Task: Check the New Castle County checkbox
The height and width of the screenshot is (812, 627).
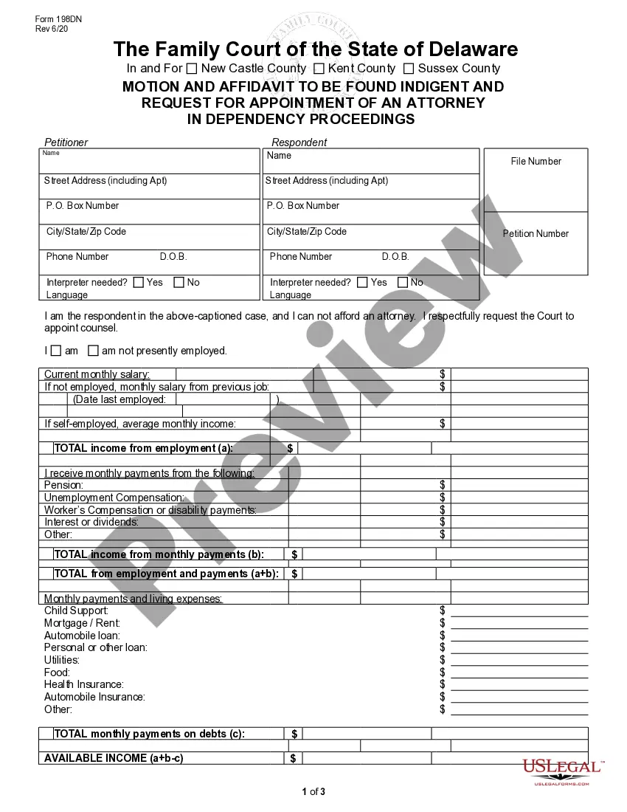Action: pyautogui.click(x=192, y=69)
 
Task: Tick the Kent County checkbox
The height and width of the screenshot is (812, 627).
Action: pyautogui.click(x=319, y=69)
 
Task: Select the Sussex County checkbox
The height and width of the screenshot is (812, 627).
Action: pyautogui.click(x=409, y=69)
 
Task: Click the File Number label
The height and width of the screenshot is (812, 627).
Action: pyautogui.click(x=536, y=161)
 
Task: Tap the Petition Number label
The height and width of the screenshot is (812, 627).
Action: pyautogui.click(x=536, y=233)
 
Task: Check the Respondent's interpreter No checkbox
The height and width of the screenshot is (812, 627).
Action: pyautogui.click(x=403, y=282)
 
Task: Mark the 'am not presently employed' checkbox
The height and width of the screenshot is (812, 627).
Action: pyautogui.click(x=93, y=351)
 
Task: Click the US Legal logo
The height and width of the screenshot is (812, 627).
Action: pyautogui.click(x=562, y=770)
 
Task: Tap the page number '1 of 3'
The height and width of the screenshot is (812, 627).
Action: pyautogui.click(x=313, y=792)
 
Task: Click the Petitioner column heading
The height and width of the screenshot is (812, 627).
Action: pyautogui.click(x=66, y=142)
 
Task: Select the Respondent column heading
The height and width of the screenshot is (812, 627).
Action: pyautogui.click(x=299, y=142)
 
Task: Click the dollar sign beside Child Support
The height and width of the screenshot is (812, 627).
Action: pyautogui.click(x=443, y=610)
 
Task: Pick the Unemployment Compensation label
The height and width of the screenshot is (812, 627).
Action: pyautogui.click(x=114, y=498)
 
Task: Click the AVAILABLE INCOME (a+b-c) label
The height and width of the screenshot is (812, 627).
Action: pyautogui.click(x=114, y=758)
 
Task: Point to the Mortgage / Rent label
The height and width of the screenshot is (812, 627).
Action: pyautogui.click(x=82, y=623)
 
